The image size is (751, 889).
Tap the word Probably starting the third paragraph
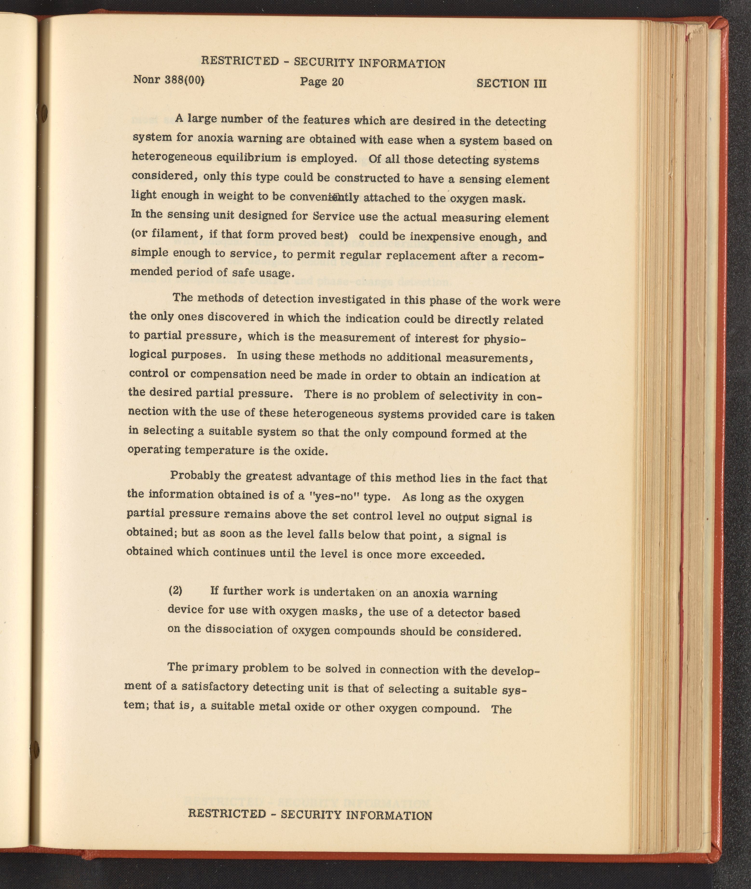coord(196,475)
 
